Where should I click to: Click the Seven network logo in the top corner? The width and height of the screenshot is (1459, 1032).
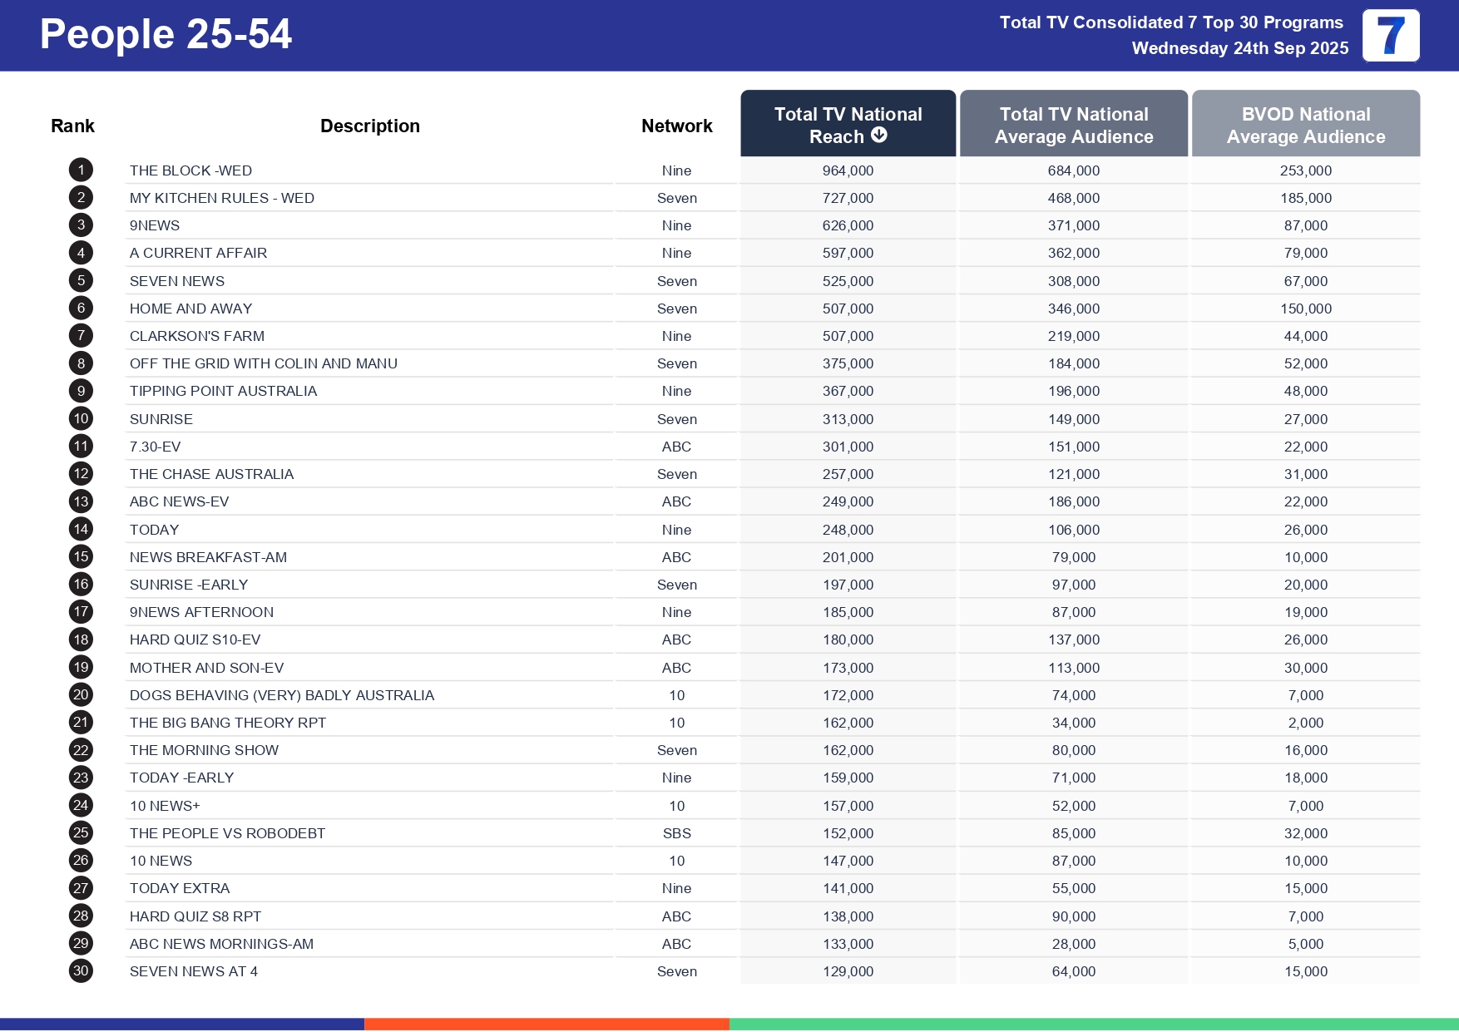pos(1390,36)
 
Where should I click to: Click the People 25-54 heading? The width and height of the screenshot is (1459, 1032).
pos(166,34)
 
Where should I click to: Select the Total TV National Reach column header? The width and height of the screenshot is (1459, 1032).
pos(847,124)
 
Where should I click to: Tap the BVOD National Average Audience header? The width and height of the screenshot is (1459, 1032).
pos(1305,125)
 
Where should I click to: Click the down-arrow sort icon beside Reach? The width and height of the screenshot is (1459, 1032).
pos(878,136)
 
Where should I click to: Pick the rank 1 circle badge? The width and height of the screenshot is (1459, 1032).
pos(81,170)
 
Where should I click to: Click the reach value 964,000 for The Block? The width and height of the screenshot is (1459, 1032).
pos(848,170)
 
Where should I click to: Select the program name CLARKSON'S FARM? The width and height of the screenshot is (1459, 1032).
pos(197,336)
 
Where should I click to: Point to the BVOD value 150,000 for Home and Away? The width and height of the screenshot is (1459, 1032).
pos(1305,309)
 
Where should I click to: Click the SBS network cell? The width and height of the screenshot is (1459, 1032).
pos(676,833)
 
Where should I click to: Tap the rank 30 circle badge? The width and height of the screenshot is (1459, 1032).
pos(81,971)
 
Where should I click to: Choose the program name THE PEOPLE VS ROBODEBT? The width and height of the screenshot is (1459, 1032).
pos(227,833)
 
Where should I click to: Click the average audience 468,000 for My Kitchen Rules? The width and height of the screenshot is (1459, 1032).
pos(1073,198)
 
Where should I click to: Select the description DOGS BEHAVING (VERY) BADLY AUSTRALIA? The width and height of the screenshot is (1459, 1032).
pos(282,695)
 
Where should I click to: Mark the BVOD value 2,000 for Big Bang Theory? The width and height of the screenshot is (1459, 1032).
pos(1305,723)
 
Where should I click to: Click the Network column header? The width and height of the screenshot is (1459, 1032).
pos(676,126)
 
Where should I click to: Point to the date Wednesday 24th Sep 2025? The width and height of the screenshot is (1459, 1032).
pos(1239,48)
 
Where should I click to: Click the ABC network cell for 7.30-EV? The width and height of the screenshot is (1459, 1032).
pos(676,447)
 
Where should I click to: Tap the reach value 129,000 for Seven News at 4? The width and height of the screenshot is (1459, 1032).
pos(848,971)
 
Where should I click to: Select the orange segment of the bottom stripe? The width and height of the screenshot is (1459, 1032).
pos(547,1025)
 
